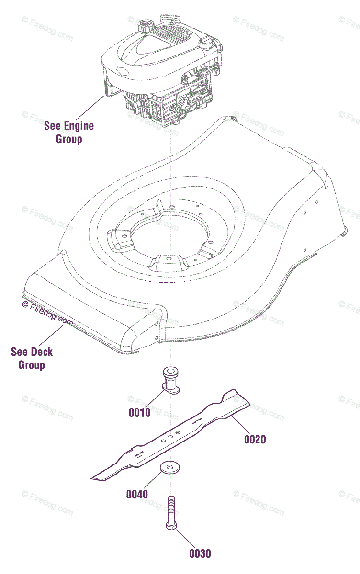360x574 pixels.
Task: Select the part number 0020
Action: pos(255,439)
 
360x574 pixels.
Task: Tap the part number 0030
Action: pos(200,553)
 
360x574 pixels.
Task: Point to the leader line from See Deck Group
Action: pos(52,335)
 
